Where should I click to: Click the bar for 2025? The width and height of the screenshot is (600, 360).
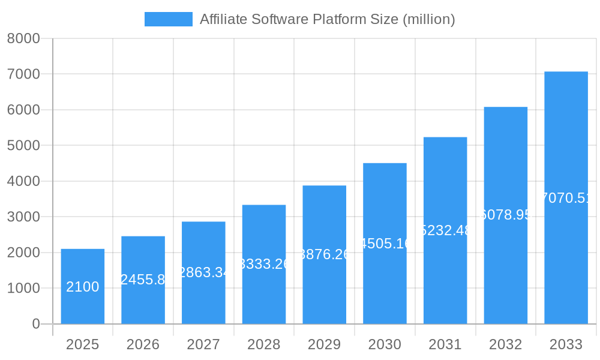click(x=83, y=286)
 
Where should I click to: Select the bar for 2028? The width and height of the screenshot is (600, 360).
click(x=264, y=264)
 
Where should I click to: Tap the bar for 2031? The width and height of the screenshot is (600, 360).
click(x=445, y=230)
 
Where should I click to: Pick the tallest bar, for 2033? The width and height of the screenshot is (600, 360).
click(x=566, y=197)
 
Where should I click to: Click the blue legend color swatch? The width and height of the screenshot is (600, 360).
click(x=169, y=19)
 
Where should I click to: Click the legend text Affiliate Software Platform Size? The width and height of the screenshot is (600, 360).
click(x=327, y=19)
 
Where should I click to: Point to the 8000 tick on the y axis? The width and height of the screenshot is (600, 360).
click(x=23, y=38)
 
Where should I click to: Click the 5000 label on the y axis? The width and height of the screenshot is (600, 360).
click(x=23, y=145)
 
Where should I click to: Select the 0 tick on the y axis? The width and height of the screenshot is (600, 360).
click(x=35, y=324)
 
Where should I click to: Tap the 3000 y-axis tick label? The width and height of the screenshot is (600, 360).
click(x=23, y=217)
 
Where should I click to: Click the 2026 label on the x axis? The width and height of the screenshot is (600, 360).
click(x=143, y=344)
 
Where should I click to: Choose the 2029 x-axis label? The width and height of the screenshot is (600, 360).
click(x=324, y=344)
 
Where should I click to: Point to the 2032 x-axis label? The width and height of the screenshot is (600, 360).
click(x=505, y=344)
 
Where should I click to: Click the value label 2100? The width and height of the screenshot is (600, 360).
click(x=83, y=287)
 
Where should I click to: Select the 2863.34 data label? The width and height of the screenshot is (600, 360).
click(x=203, y=272)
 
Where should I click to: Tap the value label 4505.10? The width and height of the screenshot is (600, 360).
click(x=385, y=243)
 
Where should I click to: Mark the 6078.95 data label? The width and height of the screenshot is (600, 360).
click(x=506, y=215)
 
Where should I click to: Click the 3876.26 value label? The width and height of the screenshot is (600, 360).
click(x=324, y=254)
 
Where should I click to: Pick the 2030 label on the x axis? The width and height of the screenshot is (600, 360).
click(x=385, y=344)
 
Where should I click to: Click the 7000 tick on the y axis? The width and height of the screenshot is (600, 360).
click(x=23, y=74)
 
